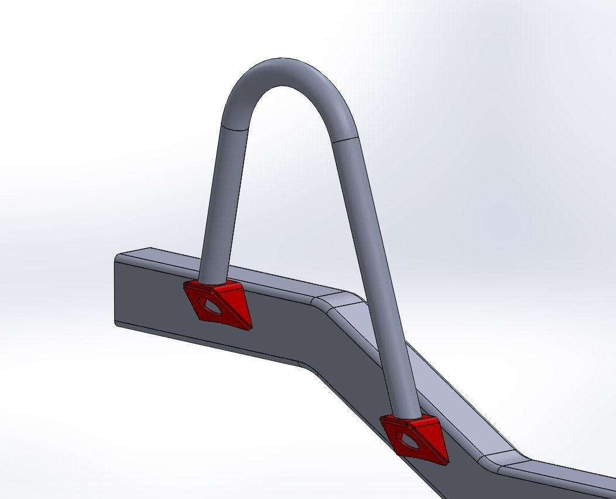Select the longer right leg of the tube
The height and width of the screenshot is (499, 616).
375,264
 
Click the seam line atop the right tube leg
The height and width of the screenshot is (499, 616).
344,140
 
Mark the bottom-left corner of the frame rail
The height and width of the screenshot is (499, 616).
115,322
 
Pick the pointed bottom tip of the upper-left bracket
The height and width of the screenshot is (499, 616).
249,328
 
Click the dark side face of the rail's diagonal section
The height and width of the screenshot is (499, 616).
363,375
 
